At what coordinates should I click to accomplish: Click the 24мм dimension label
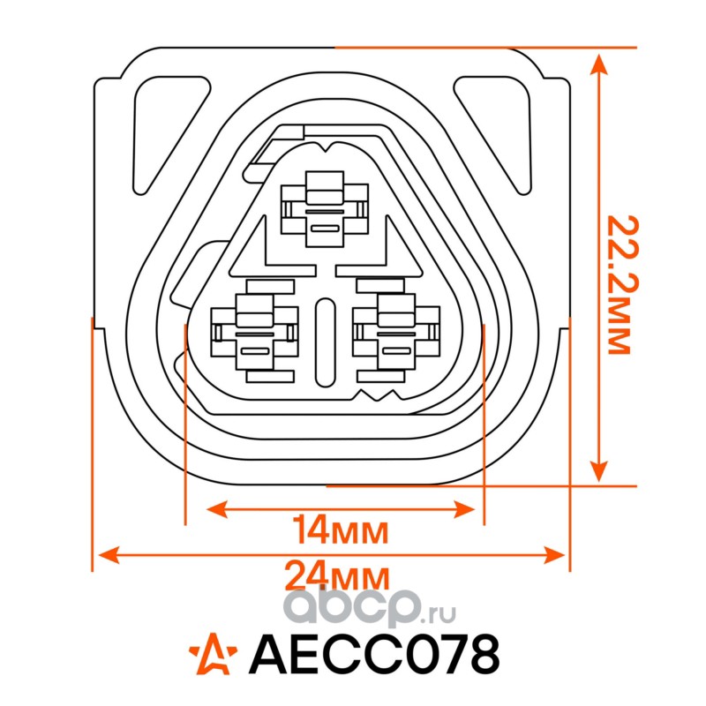(337, 578)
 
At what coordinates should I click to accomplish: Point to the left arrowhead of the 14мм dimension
(214, 509)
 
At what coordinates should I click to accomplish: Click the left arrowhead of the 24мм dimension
(104, 554)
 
